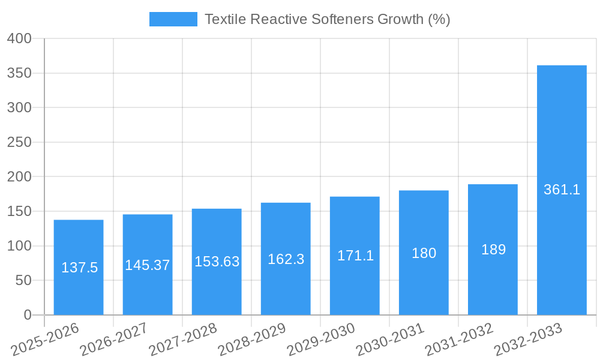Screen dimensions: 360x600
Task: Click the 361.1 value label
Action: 562,190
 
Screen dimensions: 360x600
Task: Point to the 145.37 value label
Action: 148,265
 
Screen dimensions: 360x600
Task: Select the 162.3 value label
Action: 286,259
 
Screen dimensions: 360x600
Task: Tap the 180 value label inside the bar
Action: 424,253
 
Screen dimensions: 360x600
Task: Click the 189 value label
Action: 493,250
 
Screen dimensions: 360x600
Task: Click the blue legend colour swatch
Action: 173,19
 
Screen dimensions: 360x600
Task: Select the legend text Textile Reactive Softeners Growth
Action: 327,19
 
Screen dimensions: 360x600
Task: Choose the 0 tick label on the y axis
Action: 27,315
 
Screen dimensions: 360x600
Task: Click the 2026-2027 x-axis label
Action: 114,339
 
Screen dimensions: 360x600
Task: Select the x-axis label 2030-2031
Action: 391,339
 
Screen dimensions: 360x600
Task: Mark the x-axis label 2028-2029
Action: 252,339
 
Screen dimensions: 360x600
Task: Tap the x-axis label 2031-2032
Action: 460,339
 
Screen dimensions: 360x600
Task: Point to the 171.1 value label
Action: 355,256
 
